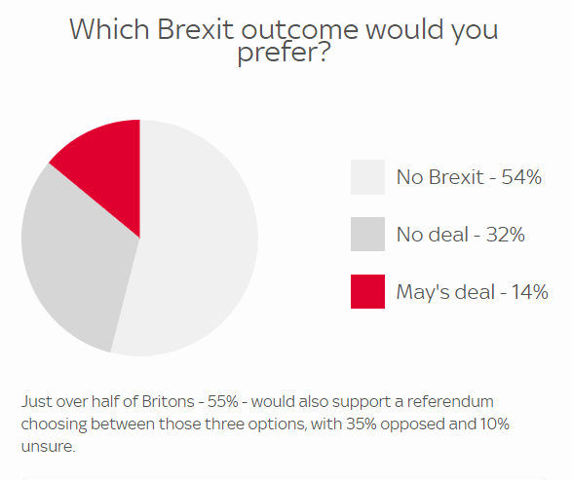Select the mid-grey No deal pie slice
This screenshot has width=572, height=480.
point(73,263)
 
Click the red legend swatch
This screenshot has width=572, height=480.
point(367,291)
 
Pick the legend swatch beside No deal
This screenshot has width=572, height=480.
point(367,235)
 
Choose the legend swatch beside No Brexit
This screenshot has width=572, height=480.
point(367,177)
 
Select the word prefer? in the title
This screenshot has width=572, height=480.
point(284,55)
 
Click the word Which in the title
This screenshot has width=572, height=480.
point(105,29)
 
